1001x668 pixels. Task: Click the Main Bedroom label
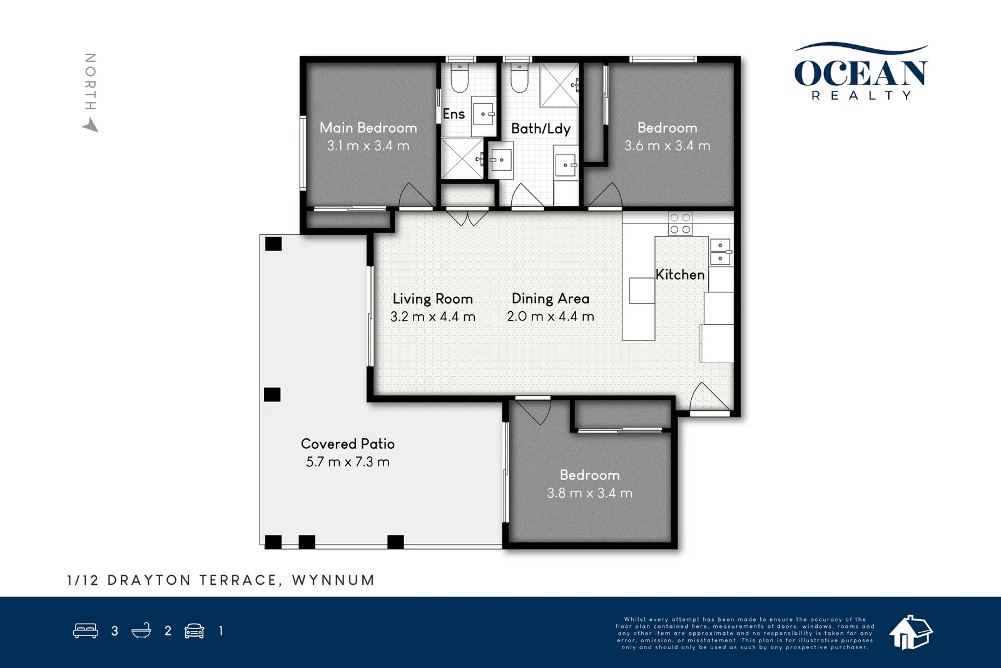pos(368,128)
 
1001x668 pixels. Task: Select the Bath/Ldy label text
pos(541,129)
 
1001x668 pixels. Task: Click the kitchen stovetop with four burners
pos(680,224)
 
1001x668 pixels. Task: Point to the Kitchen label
pos(679,275)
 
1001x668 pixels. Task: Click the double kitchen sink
pos(720,251)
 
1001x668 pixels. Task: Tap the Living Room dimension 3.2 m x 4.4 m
pos(432,317)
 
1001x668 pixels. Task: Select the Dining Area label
pos(550,299)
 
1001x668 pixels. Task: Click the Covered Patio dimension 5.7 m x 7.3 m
pos(347,462)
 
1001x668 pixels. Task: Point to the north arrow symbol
pos(91,126)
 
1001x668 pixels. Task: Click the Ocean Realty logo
pos(861,73)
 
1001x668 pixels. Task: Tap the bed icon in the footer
pos(86,630)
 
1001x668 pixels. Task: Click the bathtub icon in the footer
pos(141,630)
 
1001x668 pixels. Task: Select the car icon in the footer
pos(195,630)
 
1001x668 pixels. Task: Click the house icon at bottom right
pos(911,632)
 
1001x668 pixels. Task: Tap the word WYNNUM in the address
pos(333,580)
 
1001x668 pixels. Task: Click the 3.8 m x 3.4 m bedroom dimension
pos(589,493)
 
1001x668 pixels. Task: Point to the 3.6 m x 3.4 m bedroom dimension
pos(667,146)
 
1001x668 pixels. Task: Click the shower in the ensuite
pos(462,159)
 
